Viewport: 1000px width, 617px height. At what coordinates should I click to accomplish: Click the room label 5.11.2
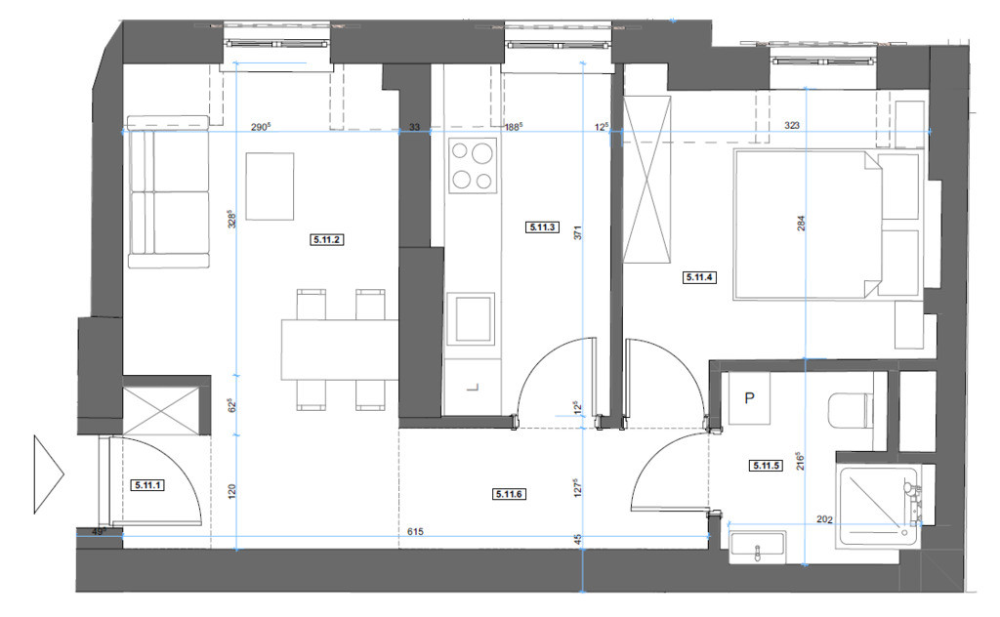326,239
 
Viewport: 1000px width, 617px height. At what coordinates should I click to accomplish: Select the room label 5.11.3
542,226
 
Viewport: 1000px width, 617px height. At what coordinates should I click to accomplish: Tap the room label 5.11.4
698,277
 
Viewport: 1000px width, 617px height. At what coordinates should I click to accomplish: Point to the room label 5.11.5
766,466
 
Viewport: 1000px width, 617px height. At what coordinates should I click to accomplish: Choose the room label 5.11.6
509,493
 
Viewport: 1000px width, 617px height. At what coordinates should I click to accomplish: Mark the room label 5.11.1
148,485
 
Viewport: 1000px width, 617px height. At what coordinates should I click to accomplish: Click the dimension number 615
414,531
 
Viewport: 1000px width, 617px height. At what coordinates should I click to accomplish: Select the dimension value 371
578,232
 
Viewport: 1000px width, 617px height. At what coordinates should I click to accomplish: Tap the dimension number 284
801,224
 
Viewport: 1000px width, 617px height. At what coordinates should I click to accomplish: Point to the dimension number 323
791,126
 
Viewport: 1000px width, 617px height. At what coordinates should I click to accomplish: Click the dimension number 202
824,519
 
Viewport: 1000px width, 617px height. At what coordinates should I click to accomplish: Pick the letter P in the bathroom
749,398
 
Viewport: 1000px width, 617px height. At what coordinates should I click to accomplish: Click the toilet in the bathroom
850,410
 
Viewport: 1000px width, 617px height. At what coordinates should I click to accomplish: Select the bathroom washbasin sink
757,548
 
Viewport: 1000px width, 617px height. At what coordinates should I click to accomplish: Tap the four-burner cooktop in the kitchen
472,166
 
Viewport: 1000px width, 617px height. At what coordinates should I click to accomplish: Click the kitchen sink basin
471,318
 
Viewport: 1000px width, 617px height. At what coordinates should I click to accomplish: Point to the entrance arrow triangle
49,473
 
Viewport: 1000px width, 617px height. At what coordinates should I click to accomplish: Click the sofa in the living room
168,192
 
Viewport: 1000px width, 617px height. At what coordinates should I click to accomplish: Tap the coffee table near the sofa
270,186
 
